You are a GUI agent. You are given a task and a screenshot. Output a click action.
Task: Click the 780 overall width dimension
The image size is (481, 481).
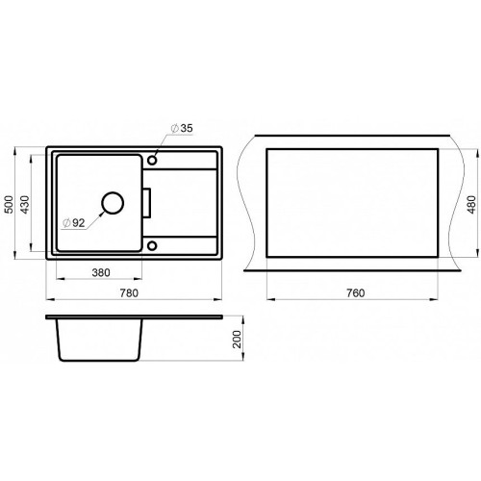(x=129, y=293)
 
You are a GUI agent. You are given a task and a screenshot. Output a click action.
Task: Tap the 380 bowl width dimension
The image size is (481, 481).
(x=101, y=272)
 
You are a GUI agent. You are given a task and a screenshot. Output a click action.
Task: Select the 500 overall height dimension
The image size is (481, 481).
(x=9, y=204)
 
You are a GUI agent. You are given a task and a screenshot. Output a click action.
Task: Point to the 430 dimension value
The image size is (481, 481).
(x=25, y=204)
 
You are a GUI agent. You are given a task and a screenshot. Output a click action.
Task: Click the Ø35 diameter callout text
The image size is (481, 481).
(x=182, y=128)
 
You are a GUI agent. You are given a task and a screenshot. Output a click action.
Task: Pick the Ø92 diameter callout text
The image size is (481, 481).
(x=74, y=222)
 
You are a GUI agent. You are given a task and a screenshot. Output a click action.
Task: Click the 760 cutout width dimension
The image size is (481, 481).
(x=355, y=293)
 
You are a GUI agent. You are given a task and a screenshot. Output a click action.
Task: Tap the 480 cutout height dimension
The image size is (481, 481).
(x=472, y=205)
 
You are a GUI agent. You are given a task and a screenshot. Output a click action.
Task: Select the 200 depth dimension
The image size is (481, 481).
(x=237, y=340)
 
